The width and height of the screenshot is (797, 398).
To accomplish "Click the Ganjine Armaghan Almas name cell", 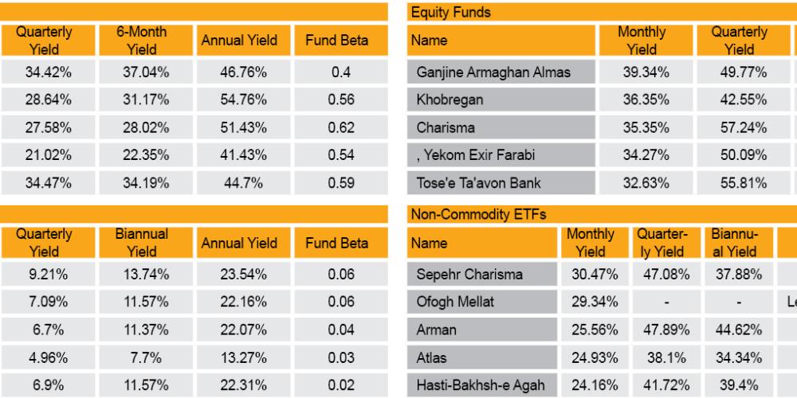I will coord(493,72).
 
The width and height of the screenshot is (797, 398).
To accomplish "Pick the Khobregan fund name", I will coord(450,100).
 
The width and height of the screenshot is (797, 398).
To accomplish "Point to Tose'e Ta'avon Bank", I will coord(478,183).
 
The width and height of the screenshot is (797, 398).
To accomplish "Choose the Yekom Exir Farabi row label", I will coord(466,155).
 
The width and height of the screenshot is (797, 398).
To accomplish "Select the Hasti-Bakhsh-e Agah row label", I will coord(481,385).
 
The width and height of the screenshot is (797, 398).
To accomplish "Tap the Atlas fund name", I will coord(431,358).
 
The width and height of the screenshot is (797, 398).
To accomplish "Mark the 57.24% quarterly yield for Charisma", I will coord(740,127).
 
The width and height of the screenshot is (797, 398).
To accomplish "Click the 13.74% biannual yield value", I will coord(142,275).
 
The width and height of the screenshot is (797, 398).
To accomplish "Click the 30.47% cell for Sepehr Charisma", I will coord(591,275).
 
